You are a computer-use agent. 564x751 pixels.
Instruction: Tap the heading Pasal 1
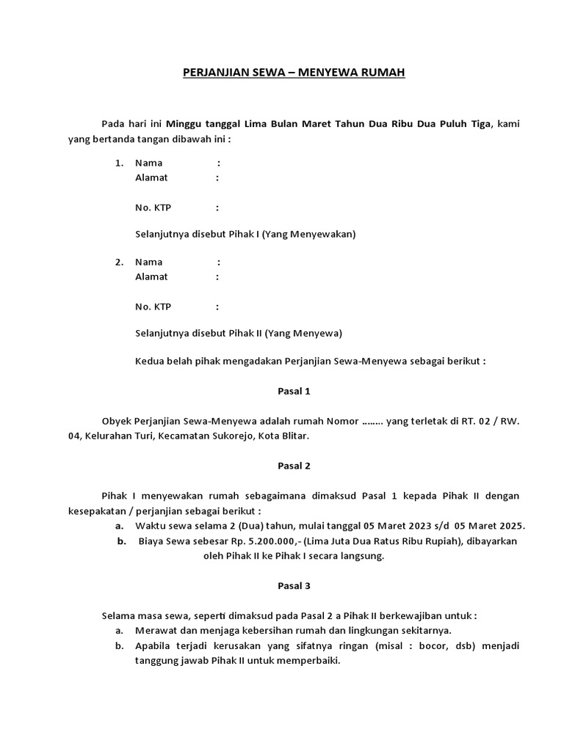[294, 391]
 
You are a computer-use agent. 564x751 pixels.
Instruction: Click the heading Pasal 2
[294, 465]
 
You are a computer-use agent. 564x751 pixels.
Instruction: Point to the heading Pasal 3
[294, 585]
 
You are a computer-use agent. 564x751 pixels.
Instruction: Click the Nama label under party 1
[149, 162]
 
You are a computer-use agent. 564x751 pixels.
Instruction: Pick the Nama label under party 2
[149, 261]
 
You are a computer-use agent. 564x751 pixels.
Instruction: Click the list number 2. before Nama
[119, 261]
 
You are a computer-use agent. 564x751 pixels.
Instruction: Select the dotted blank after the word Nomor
[373, 422]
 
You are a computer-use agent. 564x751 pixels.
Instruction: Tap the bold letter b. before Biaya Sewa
[120, 541]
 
